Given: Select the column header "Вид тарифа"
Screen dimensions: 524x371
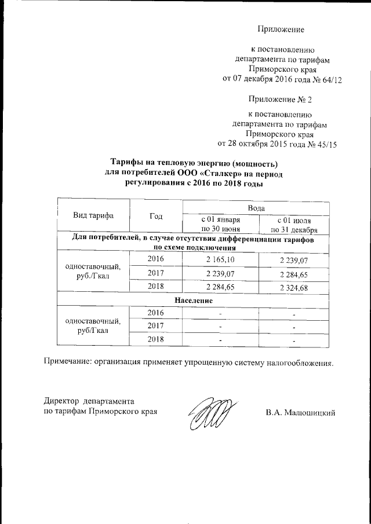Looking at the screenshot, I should coord(93,216).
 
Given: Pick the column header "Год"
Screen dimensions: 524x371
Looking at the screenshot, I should coord(155,216).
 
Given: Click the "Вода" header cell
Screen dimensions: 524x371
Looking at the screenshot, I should coord(256,207).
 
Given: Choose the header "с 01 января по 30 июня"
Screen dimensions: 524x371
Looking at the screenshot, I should coord(220,224).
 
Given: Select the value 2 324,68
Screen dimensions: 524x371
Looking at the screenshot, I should coord(294,287).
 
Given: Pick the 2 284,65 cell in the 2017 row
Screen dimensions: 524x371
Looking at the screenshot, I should coord(294,274).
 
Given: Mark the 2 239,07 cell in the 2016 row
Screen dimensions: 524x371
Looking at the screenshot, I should coord(294,261).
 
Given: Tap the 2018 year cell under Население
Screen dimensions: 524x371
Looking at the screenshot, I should coord(155,339).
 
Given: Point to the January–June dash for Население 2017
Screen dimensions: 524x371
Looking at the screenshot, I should coord(220,327).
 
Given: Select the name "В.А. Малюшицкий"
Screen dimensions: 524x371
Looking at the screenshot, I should coord(301,413).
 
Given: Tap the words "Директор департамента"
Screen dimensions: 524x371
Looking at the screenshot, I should coord(90,401).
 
